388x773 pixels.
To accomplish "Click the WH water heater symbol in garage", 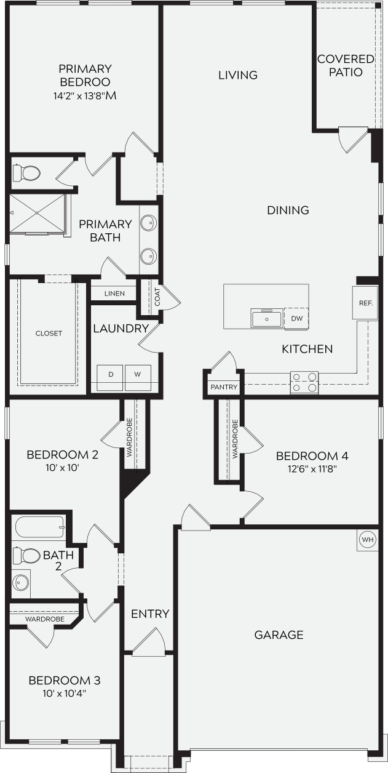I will click(x=368, y=540).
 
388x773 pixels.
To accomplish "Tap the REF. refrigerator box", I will click(x=365, y=303).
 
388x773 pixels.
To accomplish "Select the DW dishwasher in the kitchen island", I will click(x=296, y=318).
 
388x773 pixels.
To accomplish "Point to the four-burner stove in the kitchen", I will click(x=304, y=382).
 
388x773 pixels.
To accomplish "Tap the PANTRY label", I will click(x=224, y=387).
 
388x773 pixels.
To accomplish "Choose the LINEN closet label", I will click(x=114, y=294).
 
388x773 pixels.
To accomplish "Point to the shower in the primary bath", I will click(x=38, y=214).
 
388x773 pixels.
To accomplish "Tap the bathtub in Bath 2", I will click(x=39, y=526).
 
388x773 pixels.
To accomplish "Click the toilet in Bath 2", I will click(x=25, y=555).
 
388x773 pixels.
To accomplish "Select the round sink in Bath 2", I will click(x=22, y=581).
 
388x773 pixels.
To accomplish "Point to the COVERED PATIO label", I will click(x=346, y=65).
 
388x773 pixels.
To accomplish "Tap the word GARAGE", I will click(x=279, y=635).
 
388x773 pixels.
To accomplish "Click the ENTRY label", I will click(x=150, y=614).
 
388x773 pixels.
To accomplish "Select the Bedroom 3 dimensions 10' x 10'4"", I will click(x=65, y=693).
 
